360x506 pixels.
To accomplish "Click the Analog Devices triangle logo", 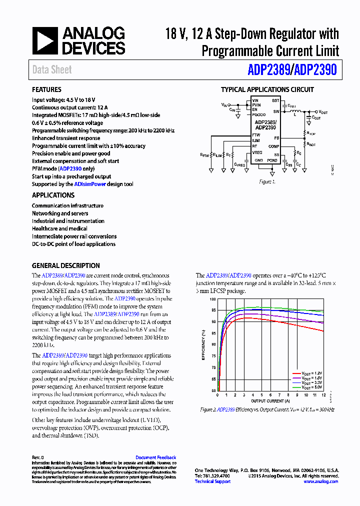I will pyautogui.click(x=45, y=41).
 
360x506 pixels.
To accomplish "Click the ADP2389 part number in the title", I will pyautogui.click(x=268, y=70).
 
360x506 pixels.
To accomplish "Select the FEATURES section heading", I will pyautogui.click(x=46, y=90).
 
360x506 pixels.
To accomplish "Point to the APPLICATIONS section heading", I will pyautogui.click(x=53, y=195).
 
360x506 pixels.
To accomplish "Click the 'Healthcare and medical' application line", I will pyautogui.click(x=59, y=228).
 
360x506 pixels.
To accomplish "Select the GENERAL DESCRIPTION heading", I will pyautogui.click(x=66, y=266).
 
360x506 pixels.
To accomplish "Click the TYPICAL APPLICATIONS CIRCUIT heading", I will pyautogui.click(x=267, y=90).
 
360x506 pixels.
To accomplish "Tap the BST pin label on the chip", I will pyautogui.click(x=275, y=100).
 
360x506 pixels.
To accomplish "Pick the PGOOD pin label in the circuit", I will pyautogui.click(x=258, y=114).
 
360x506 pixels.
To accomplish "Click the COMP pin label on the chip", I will pyautogui.click(x=273, y=146).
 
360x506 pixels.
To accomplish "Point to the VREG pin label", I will pyautogui.click(x=257, y=152).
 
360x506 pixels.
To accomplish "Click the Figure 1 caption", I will pyautogui.click(x=267, y=182).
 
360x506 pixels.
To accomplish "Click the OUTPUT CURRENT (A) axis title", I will pyautogui.click(x=270, y=401).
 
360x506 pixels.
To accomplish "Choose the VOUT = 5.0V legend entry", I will pyautogui.click(x=311, y=387).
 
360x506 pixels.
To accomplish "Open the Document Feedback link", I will pyautogui.click(x=155, y=457).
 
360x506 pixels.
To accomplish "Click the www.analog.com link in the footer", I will pyautogui.click(x=320, y=481).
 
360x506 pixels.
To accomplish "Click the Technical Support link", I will pyautogui.click(x=212, y=481).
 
